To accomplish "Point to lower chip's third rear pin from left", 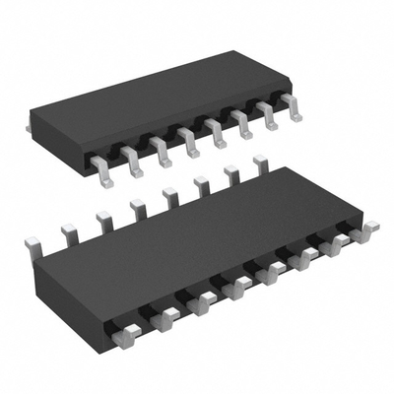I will coord(102,219).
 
